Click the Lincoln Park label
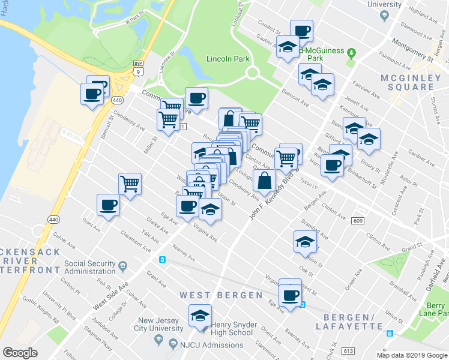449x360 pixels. (x=227, y=59)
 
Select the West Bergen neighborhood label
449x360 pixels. (x=221, y=295)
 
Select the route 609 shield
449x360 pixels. (x=358, y=221)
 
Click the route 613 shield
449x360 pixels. (x=365, y=350)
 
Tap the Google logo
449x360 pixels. (x=20, y=353)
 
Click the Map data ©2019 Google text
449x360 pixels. (x=411, y=355)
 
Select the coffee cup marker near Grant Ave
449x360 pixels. (x=108, y=205)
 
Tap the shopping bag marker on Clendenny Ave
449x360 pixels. (x=264, y=179)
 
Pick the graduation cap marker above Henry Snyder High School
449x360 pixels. (x=200, y=315)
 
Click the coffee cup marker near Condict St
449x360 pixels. (x=301, y=30)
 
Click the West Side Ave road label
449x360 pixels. (x=111, y=298)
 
